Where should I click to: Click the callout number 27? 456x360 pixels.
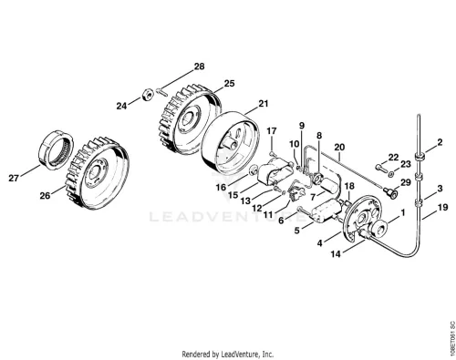(x=14, y=178)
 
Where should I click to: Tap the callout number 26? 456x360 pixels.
(x=45, y=196)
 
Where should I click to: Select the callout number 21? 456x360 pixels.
(x=264, y=104)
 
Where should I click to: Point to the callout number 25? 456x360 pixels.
(x=230, y=83)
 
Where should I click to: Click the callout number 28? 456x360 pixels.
(x=200, y=67)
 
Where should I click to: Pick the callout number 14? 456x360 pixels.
(x=336, y=254)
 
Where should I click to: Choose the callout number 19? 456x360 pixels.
(x=443, y=208)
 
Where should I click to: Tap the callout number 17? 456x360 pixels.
(x=272, y=131)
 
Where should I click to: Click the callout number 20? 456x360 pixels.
(x=339, y=148)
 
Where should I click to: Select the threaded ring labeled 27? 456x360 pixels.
(x=57, y=149)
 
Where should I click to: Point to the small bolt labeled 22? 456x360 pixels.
(x=379, y=167)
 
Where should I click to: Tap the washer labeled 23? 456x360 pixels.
(x=391, y=174)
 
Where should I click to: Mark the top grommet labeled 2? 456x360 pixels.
(x=420, y=157)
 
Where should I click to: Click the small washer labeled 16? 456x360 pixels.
(x=253, y=170)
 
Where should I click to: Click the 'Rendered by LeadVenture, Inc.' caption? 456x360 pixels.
(x=228, y=354)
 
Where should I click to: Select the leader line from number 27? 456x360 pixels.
(x=30, y=170)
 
